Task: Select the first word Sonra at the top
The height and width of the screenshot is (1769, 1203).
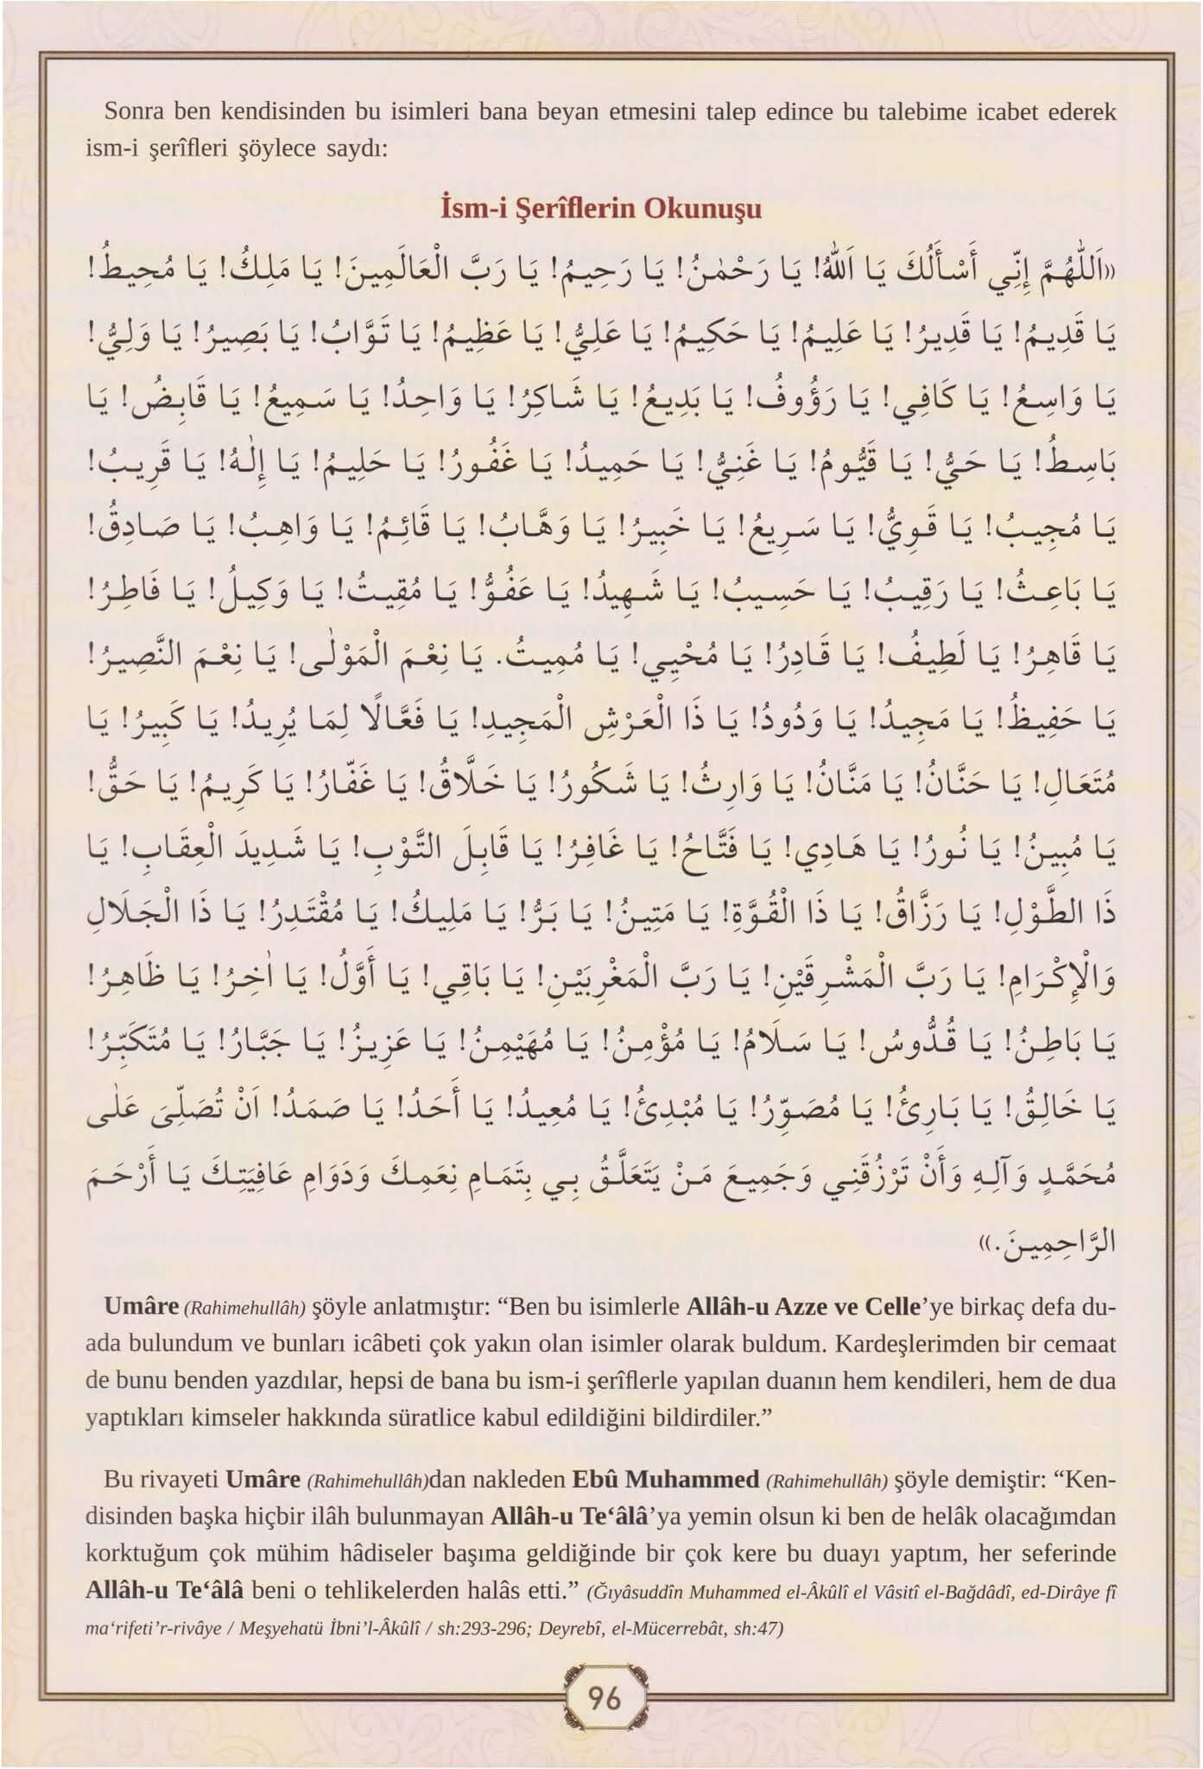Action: tap(132, 111)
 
